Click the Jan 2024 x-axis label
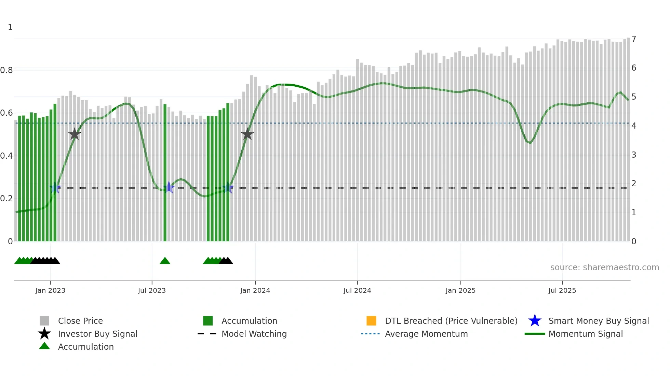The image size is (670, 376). (255, 290)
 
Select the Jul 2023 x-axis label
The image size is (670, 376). (152, 290)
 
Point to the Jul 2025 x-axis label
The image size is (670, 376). (562, 290)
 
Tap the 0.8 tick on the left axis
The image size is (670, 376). (6, 70)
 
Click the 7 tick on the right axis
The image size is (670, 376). (634, 39)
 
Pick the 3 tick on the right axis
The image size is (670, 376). (634, 155)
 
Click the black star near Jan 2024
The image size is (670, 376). (247, 134)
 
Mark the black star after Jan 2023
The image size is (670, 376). (75, 134)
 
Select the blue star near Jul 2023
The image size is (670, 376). (169, 188)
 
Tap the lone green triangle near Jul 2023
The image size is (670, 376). (165, 261)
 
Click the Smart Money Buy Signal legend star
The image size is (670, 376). (535, 321)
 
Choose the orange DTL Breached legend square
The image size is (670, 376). (371, 321)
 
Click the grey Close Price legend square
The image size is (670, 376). (44, 321)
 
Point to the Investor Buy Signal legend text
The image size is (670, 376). (97, 334)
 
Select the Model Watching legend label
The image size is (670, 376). (254, 334)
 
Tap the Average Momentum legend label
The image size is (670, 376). (426, 334)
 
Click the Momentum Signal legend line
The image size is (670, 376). (535, 334)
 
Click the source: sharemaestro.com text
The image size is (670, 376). (604, 267)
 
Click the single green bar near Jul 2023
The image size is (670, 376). (165, 172)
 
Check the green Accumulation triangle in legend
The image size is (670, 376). (44, 346)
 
